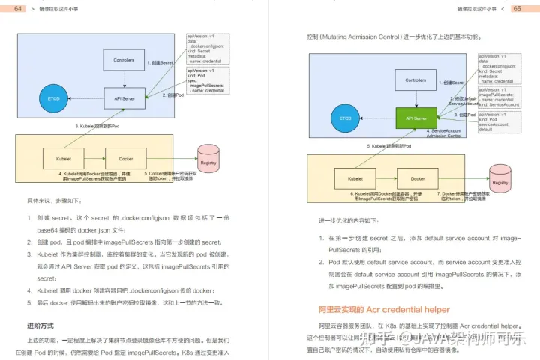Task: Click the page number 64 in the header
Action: point(17,8)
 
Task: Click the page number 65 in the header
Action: point(517,8)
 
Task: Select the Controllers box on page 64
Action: point(124,59)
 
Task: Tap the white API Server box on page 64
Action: point(124,97)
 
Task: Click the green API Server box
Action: point(415,118)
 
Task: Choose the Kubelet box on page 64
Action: point(54,158)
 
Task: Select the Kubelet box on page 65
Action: point(345,180)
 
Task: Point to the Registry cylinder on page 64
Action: point(208,160)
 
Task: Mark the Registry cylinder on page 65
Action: point(500,182)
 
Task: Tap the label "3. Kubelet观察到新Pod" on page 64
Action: point(97,127)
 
